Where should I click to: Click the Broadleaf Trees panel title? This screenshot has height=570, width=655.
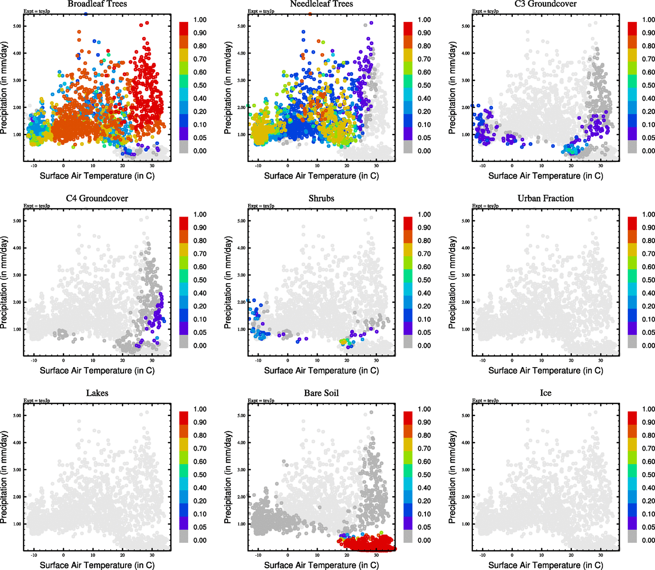click(97, 4)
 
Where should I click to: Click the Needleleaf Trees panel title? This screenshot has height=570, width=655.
click(321, 4)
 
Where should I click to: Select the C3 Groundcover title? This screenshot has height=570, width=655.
click(545, 4)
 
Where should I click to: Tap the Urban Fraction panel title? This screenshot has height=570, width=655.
click(545, 199)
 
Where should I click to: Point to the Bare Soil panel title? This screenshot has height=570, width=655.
click(321, 393)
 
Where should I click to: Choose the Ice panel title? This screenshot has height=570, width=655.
click(545, 393)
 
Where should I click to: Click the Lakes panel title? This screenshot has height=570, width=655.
click(97, 393)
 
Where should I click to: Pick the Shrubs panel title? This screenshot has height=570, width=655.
click(321, 199)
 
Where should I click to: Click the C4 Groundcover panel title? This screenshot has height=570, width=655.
click(97, 199)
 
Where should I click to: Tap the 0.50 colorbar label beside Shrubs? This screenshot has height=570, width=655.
click(424, 280)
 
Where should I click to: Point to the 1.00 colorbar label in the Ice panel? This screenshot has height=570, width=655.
click(648, 409)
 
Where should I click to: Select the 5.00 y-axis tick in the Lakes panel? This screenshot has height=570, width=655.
click(17, 416)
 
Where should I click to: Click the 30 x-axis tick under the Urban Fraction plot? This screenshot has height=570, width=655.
click(600, 361)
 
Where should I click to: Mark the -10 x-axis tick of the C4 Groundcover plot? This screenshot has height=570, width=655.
click(34, 361)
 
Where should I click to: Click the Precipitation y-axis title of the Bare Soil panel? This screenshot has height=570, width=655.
click(228, 477)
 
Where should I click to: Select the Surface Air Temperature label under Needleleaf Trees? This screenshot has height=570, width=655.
click(321, 176)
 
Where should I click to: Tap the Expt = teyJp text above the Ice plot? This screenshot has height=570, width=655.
click(485, 401)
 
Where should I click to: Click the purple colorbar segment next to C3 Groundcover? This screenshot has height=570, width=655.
click(632, 133)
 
